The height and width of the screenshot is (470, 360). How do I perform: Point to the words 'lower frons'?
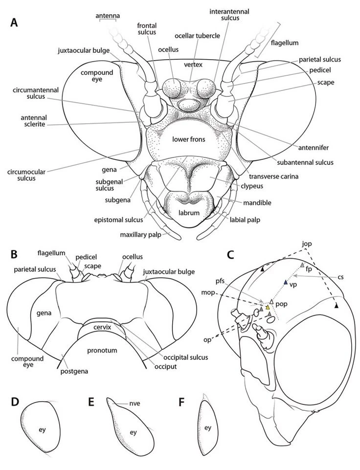coord(187,139)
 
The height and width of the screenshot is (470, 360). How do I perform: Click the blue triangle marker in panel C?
coord(286,283)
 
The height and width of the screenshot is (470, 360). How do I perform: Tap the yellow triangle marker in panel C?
coord(268,308)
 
